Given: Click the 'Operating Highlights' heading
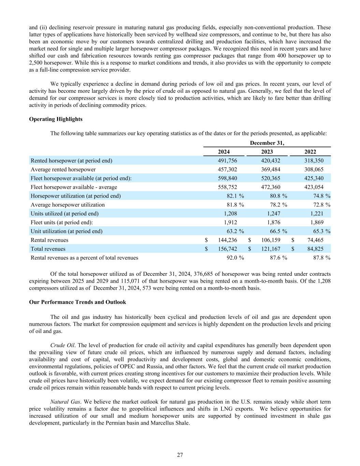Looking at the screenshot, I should pos(56,119).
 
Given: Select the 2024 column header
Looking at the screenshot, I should pos(224,152).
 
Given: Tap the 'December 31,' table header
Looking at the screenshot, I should pos(267,143).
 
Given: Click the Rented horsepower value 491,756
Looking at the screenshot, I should pos(227,160).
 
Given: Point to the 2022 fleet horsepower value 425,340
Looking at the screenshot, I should pos(314,178).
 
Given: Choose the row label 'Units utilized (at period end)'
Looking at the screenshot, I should pos(64,214).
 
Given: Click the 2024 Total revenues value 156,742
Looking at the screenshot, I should pos(227,249).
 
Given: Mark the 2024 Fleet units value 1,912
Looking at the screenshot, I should pos(230,222).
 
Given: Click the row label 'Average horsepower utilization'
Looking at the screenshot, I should pos(68,205).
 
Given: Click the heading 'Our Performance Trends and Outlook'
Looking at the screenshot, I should pos(77,302).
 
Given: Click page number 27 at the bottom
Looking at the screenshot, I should pos(180,455).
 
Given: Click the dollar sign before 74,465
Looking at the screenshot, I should pos(293,240).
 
